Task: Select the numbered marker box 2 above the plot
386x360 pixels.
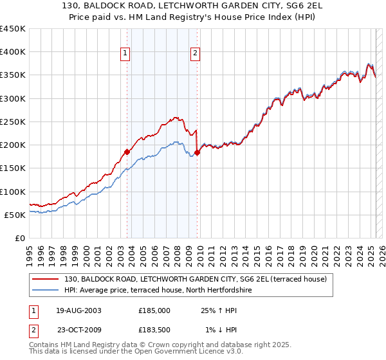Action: [195, 54]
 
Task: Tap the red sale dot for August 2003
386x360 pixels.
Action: [127, 152]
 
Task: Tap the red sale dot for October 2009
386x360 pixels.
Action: [198, 153]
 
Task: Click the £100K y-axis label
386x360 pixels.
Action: [12, 192]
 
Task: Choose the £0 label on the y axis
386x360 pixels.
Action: [19, 238]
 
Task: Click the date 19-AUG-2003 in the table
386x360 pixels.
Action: [78, 310]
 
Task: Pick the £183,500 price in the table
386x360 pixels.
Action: [154, 330]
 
